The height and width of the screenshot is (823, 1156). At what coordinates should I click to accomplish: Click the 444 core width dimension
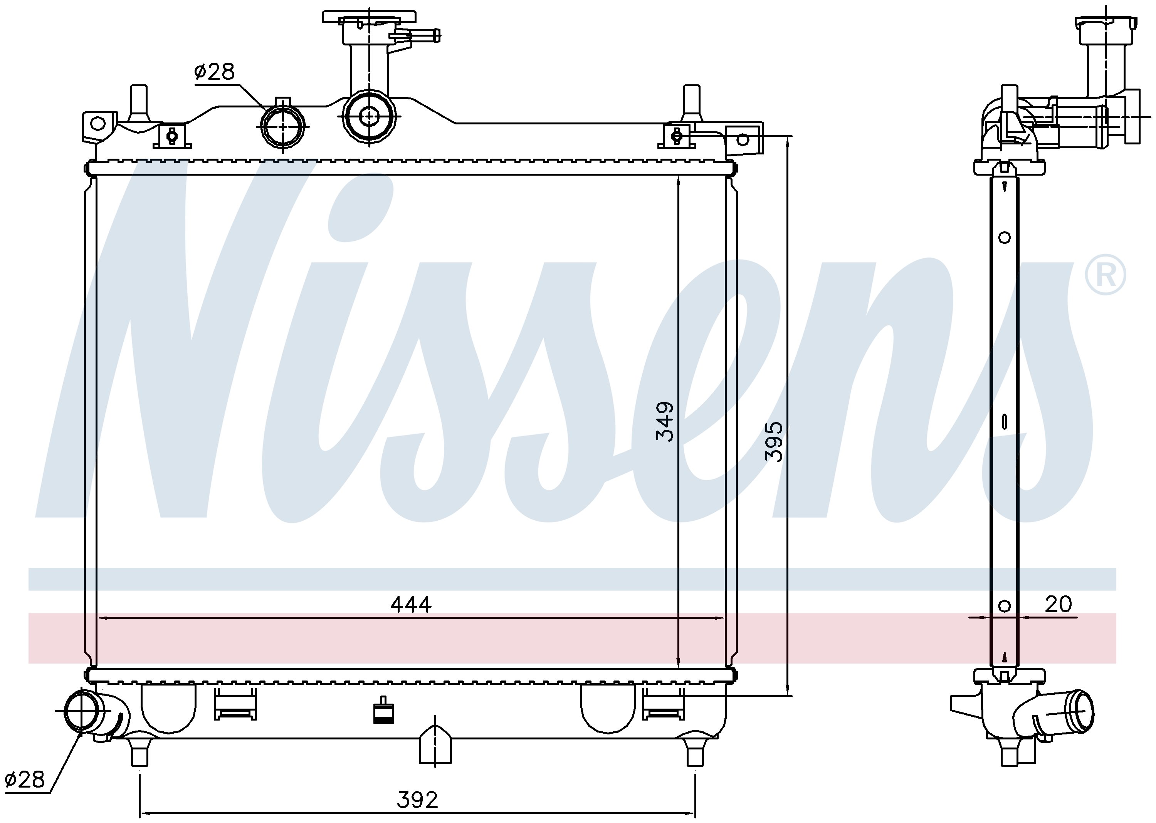[x=411, y=605]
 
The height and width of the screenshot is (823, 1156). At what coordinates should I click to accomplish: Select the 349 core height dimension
[x=665, y=422]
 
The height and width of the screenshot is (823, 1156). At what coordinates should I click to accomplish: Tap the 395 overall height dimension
[x=774, y=441]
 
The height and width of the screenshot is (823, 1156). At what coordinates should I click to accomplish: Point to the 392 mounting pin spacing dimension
[x=417, y=800]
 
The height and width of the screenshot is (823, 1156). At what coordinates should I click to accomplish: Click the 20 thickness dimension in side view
[x=1058, y=604]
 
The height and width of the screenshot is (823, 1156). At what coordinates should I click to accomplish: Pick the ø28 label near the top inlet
[x=215, y=72]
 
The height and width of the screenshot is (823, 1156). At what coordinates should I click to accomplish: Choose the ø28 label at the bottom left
[x=24, y=779]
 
